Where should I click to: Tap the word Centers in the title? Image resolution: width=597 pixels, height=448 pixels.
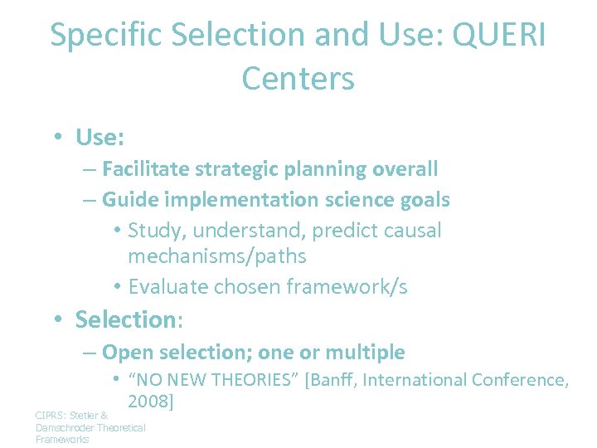coord(298,79)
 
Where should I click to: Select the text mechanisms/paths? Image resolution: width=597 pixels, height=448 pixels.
coord(217,256)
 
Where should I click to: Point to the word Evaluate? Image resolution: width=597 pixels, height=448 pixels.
coord(168,286)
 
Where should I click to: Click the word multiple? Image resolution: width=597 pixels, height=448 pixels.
coord(365,352)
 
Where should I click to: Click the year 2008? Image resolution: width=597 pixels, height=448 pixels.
coord(148,402)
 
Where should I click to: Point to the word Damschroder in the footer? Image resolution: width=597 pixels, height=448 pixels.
coord(65,427)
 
